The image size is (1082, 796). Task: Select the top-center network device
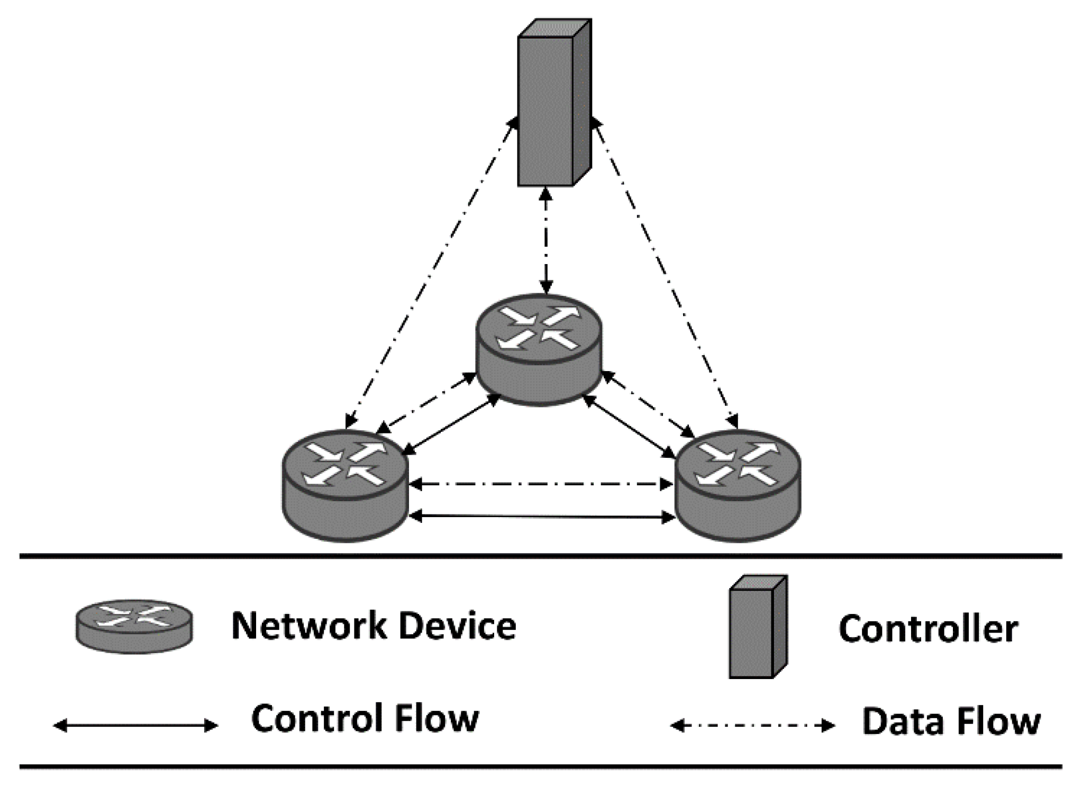[x=539, y=349]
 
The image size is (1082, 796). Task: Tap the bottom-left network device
[x=345, y=484]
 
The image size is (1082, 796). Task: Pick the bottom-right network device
[x=738, y=484]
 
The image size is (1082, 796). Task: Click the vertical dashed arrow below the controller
[x=547, y=241]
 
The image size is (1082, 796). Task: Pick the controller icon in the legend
[x=758, y=627]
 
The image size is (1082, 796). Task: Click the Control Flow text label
[x=365, y=718]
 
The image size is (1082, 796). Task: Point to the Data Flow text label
[x=951, y=721]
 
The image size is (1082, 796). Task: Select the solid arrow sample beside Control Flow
[x=135, y=726]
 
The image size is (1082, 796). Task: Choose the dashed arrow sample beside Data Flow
[x=752, y=726]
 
